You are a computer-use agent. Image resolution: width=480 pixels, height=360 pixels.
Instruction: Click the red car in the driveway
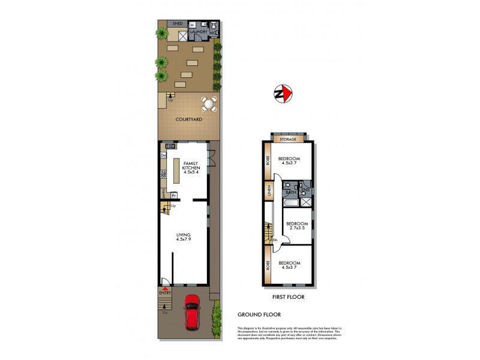[x=193, y=312]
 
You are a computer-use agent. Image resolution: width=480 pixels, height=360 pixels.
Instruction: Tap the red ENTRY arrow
[x=164, y=287]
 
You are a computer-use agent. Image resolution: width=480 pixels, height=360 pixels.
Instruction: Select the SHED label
[x=178, y=23]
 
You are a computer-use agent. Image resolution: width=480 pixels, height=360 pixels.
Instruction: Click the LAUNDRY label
[x=199, y=32]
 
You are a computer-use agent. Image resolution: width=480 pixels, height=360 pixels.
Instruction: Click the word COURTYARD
[x=188, y=119]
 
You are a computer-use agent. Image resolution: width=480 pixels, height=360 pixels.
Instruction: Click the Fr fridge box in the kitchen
[x=173, y=195]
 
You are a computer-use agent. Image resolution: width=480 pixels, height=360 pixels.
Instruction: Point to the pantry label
[x=163, y=193]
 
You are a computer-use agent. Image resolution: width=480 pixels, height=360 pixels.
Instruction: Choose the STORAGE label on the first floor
[x=289, y=140]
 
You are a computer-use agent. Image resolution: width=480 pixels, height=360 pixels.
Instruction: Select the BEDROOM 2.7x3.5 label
[x=296, y=226]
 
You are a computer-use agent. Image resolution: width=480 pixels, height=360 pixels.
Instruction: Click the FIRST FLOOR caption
[x=288, y=297]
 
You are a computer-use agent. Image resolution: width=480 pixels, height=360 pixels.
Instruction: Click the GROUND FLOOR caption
[x=259, y=314]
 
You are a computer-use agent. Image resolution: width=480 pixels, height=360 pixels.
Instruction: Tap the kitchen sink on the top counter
[x=170, y=146]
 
